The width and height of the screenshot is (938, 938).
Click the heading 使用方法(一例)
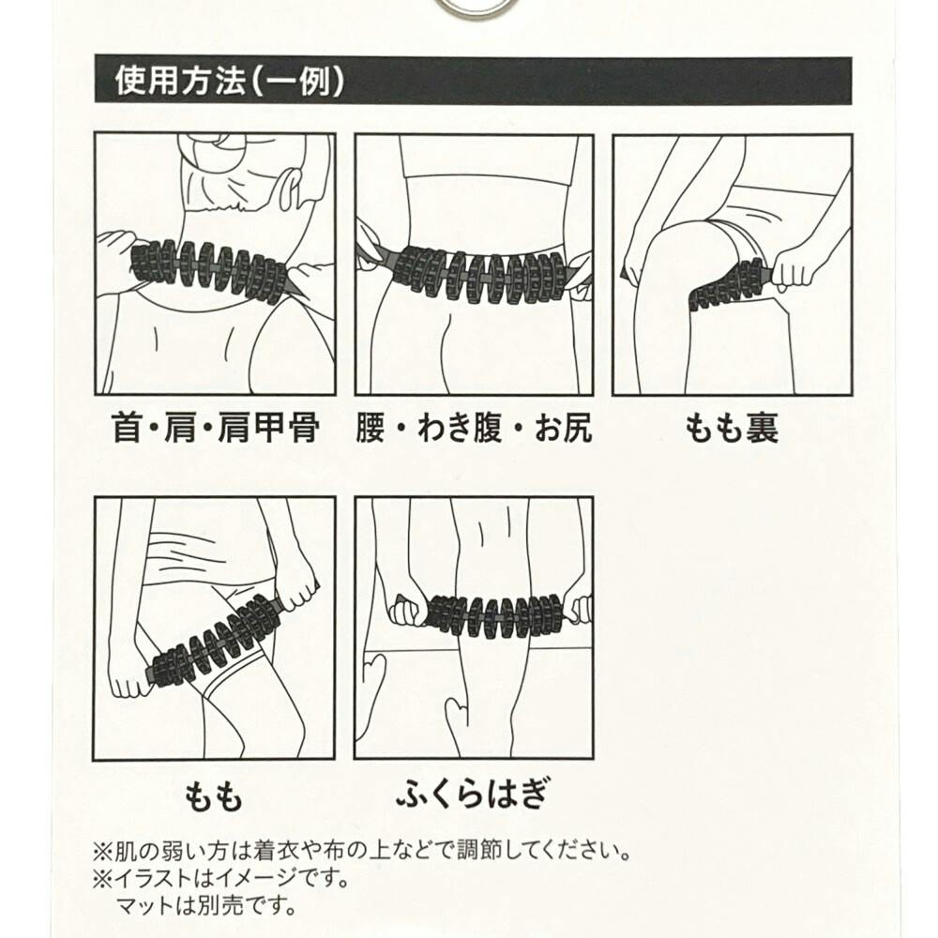click(x=230, y=80)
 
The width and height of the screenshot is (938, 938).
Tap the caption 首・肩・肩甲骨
click(x=216, y=428)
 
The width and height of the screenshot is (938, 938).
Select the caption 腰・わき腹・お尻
click(x=474, y=428)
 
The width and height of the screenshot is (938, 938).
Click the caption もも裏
click(x=732, y=428)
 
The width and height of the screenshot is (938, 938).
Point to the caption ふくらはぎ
click(x=473, y=793)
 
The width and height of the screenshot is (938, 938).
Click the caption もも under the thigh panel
click(x=213, y=796)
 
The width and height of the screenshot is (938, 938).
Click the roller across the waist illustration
click(x=478, y=273)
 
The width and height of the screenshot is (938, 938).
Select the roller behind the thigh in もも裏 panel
click(x=729, y=286)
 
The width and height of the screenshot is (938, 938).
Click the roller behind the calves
click(x=495, y=616)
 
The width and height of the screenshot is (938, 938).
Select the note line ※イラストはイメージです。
click(x=221, y=878)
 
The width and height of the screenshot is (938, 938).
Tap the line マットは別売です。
click(x=206, y=906)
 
